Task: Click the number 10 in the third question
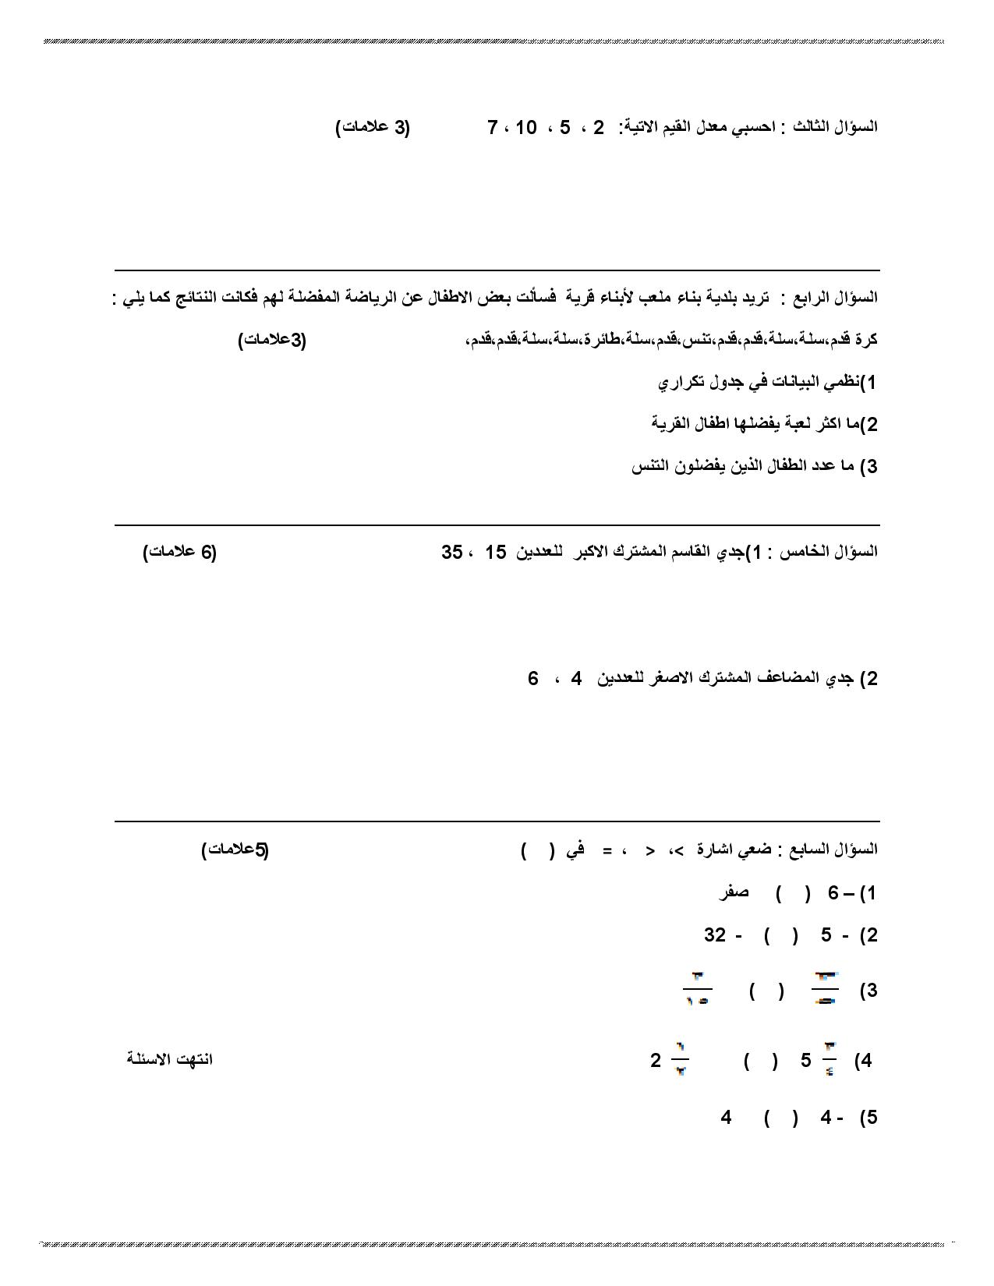point(526,127)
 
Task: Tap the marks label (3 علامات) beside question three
point(373,128)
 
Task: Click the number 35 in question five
point(452,552)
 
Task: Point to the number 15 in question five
point(496,552)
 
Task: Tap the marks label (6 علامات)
point(180,552)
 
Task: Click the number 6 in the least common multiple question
point(533,678)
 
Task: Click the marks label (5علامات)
point(235,850)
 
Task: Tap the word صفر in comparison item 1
point(734,892)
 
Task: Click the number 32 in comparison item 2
point(715,934)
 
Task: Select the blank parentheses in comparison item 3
point(766,991)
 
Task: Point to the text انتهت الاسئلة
point(170,1059)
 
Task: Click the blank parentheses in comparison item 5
point(780,1118)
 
